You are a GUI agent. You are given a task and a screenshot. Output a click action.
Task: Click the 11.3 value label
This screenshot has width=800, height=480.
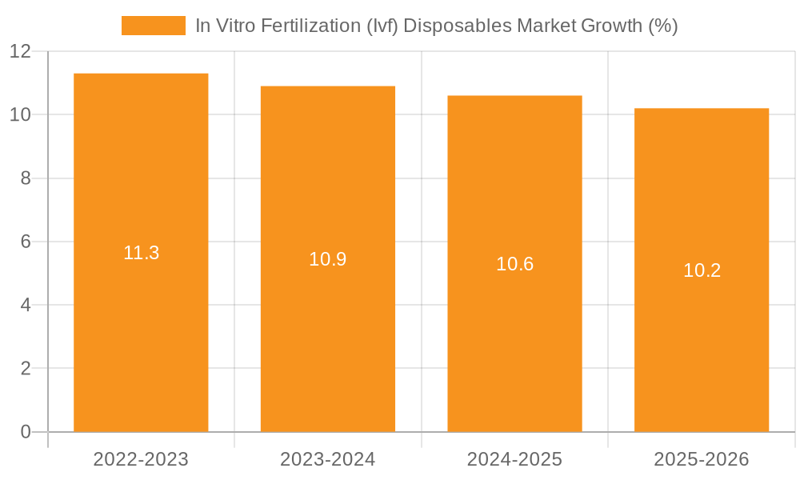click(141, 253)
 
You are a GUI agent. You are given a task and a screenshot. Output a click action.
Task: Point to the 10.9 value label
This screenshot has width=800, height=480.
click(328, 259)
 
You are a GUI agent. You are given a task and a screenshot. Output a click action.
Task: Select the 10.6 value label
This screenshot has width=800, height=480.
click(514, 264)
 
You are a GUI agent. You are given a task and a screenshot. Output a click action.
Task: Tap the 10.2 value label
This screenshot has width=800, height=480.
click(702, 270)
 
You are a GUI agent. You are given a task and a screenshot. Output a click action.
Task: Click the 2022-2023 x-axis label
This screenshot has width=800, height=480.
click(141, 459)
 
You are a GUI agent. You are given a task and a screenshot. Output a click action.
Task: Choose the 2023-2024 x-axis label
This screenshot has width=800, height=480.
click(328, 459)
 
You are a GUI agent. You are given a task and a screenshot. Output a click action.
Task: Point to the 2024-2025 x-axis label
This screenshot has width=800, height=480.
click(514, 459)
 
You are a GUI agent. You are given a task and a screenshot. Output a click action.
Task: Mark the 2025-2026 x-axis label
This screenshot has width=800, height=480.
click(702, 459)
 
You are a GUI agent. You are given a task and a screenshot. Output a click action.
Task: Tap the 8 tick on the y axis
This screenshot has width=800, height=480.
click(26, 178)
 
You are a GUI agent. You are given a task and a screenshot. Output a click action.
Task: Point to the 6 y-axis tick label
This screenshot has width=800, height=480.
click(26, 242)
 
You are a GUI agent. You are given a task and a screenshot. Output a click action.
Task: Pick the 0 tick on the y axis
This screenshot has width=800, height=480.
click(26, 432)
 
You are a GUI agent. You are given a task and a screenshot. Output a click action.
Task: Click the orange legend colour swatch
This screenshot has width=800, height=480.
click(153, 26)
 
